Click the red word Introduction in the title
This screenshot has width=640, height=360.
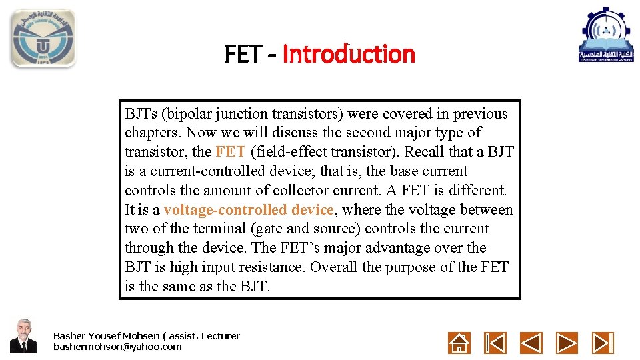[349, 54]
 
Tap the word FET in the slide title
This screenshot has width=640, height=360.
[243, 54]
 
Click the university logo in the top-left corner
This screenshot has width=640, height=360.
[43, 39]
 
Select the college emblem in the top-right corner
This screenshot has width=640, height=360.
[605, 35]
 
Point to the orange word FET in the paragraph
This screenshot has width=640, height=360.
[231, 152]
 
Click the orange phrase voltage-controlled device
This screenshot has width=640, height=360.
[249, 210]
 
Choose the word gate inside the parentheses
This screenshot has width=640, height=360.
[268, 229]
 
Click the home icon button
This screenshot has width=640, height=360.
[459, 343]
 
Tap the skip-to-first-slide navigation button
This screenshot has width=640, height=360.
[495, 343]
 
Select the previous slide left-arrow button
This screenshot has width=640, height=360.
[531, 343]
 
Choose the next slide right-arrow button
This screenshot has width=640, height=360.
[567, 343]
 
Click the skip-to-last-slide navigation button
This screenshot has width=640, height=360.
[603, 343]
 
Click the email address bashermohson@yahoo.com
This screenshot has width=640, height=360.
[117, 347]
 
